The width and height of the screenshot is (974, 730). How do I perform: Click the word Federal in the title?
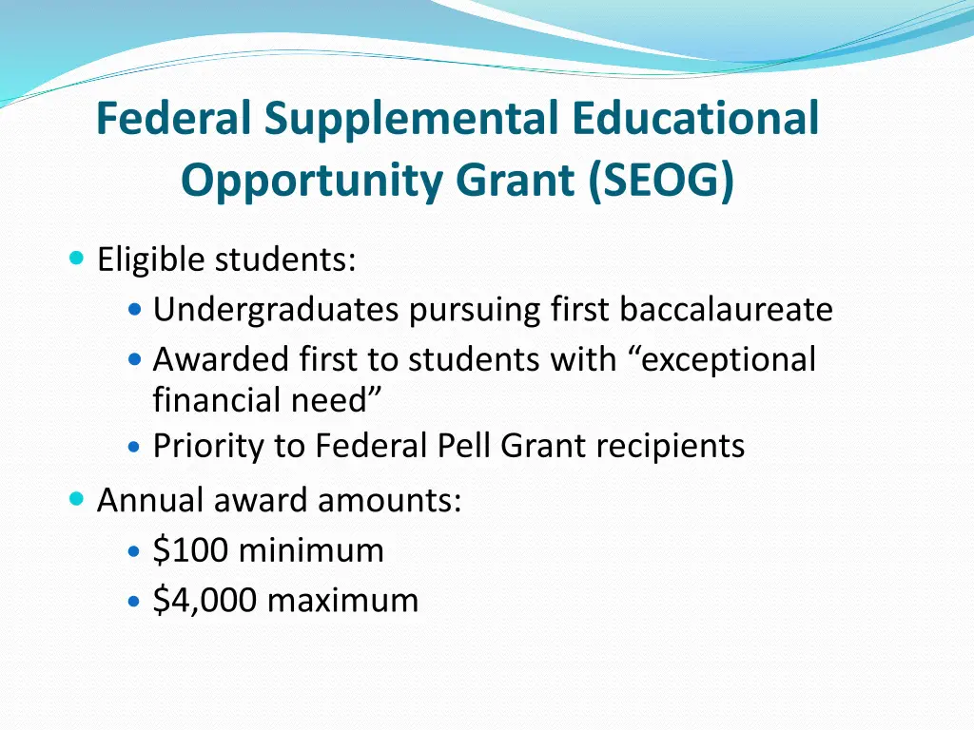tap(175, 120)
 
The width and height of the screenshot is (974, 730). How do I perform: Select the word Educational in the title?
tap(695, 120)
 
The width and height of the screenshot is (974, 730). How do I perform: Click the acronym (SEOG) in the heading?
tap(662, 180)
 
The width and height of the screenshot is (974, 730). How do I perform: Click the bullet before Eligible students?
tap(77, 259)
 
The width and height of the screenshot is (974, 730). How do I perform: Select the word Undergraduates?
tap(276, 310)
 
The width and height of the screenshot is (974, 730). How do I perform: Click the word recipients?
tap(671, 446)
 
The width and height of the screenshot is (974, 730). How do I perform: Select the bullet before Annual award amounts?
tap(77, 499)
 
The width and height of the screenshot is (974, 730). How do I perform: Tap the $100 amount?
tap(191, 550)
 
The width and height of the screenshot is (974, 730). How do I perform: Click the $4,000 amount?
tap(205, 601)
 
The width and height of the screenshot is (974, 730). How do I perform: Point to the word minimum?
tap(311, 550)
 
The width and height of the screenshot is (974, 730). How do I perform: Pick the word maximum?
tap(342, 601)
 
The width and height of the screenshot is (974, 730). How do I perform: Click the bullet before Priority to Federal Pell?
tap(135, 446)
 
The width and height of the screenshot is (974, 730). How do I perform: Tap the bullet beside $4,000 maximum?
tap(135, 602)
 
